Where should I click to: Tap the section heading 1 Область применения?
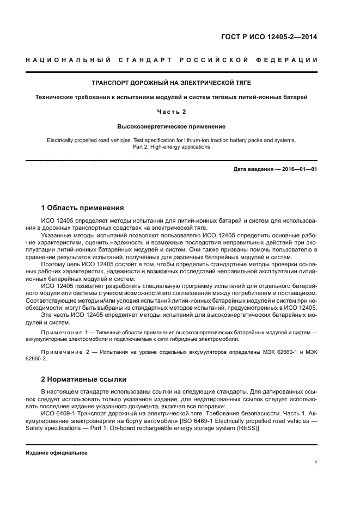(x=82, y=207)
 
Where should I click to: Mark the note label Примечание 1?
(x=64, y=332)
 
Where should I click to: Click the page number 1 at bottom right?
(x=316, y=463)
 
